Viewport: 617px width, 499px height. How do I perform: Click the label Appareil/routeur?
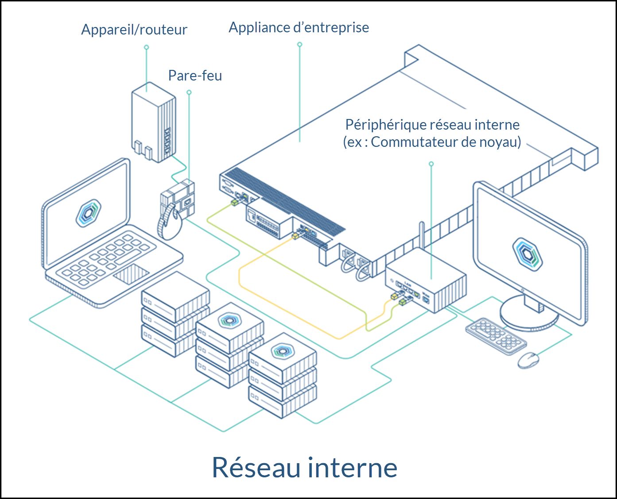tap(134, 30)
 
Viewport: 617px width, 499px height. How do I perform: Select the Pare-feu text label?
tap(195, 76)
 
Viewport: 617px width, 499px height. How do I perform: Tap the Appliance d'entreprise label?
tap(299, 27)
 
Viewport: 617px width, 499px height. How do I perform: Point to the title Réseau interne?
tap(304, 467)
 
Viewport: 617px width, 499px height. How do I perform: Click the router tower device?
tap(153, 122)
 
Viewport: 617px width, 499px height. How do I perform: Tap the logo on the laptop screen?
tap(89, 213)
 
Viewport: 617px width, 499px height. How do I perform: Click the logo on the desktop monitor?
tap(528, 254)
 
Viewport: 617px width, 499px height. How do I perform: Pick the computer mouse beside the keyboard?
tap(528, 360)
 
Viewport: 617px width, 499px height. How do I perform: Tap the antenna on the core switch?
tap(422, 237)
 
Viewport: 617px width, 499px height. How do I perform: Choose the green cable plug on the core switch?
tap(404, 302)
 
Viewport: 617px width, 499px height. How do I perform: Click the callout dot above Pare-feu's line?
tap(189, 92)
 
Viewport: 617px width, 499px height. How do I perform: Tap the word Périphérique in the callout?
tap(376, 125)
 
